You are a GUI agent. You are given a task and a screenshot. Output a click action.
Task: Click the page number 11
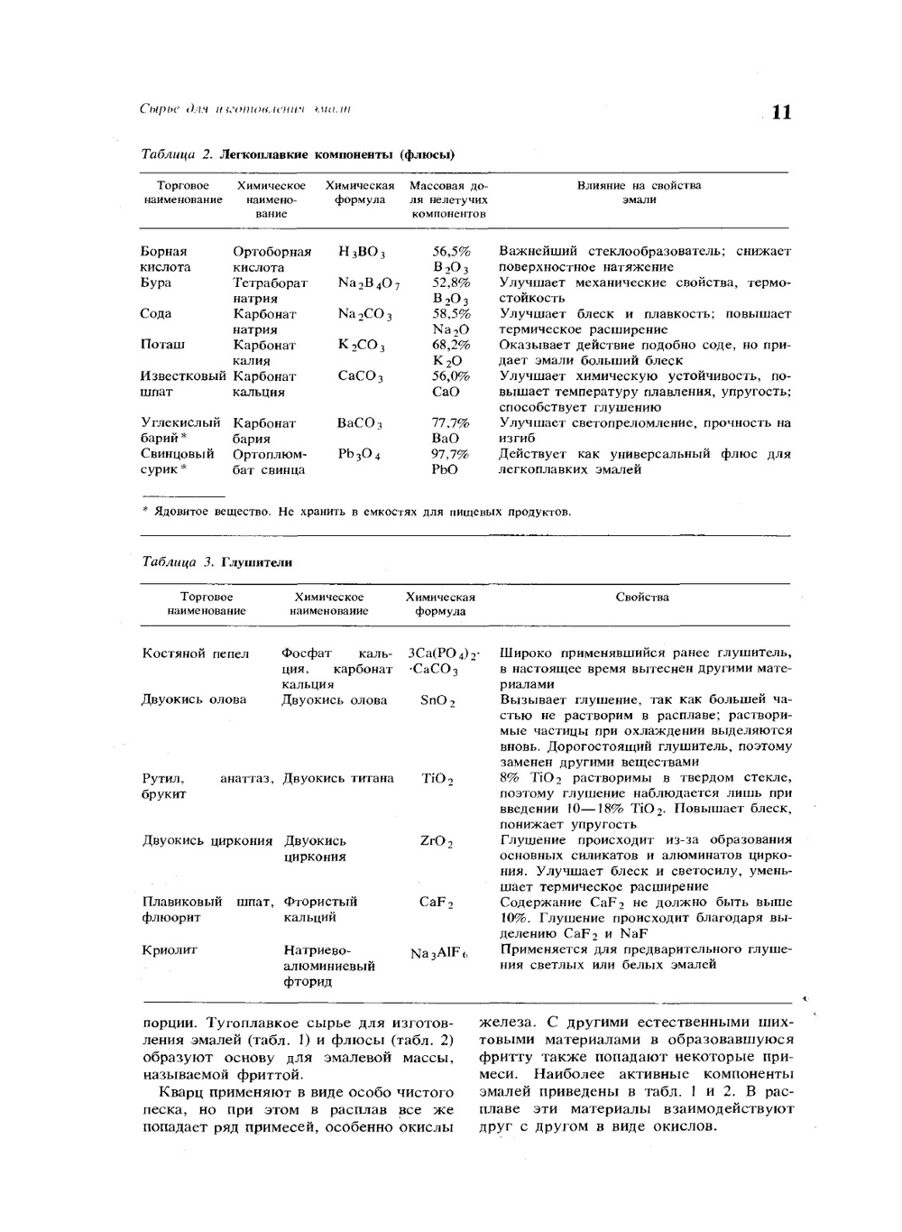[781, 112]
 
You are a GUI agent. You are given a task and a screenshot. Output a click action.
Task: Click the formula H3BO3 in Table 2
[362, 253]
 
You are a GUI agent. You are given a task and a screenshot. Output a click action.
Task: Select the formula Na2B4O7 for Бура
[368, 283]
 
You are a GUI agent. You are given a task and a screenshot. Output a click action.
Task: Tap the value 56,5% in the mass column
[451, 252]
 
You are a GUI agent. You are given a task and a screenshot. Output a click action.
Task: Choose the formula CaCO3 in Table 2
[360, 376]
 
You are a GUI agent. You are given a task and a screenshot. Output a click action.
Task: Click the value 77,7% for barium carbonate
[450, 422]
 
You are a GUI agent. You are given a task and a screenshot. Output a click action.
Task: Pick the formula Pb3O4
[359, 454]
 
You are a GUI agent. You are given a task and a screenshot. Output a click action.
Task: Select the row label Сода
[156, 314]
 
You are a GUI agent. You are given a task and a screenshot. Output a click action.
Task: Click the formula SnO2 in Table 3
[437, 700]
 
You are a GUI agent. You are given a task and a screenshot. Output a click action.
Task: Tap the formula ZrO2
[437, 841]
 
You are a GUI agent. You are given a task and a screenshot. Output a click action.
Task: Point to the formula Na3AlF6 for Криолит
[439, 954]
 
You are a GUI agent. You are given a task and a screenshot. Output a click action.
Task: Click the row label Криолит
[170, 949]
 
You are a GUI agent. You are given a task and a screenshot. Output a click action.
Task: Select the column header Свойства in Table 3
[642, 597]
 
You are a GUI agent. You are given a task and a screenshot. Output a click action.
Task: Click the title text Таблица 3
[178, 562]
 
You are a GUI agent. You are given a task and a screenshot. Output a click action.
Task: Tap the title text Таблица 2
[177, 154]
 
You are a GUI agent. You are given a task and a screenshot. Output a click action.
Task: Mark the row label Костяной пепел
[196, 653]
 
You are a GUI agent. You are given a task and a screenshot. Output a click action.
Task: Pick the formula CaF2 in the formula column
[437, 903]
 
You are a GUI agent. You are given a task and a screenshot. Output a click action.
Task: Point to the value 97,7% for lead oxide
[450, 454]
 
